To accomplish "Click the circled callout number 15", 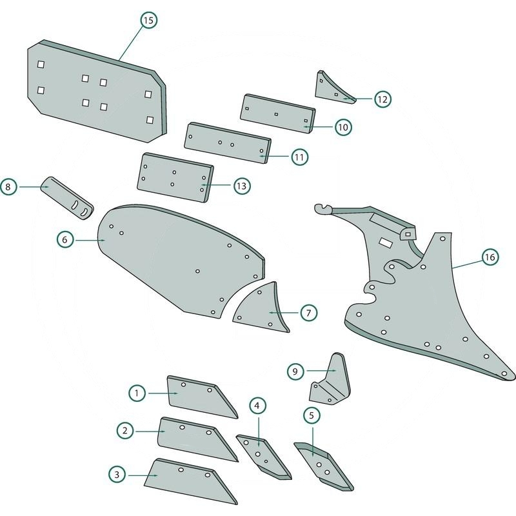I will [148, 21].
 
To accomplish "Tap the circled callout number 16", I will [490, 257].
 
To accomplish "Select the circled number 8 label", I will [8, 187].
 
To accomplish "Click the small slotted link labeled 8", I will [67, 197].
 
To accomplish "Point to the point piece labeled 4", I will [261, 455].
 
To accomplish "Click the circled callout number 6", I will [64, 239].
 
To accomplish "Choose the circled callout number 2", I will [124, 430].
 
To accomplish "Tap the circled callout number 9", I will [295, 371].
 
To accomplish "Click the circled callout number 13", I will [241, 186].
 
